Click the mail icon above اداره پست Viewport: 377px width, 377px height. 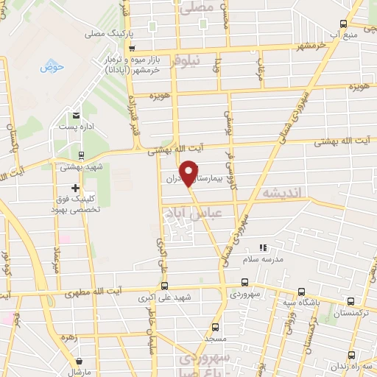click(x=76, y=116)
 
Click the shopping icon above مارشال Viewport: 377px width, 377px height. click(x=79, y=361)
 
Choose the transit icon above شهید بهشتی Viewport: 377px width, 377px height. click(x=80, y=155)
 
